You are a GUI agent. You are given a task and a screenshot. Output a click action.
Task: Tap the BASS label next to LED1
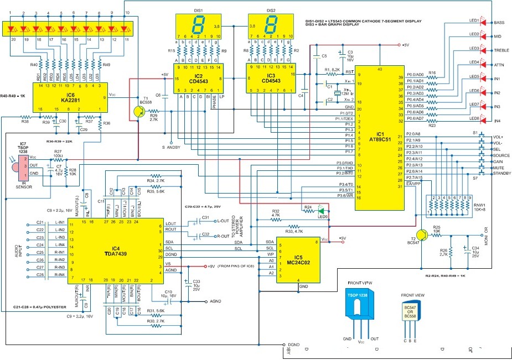click(499, 22)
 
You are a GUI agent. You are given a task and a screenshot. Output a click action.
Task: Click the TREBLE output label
click(501, 50)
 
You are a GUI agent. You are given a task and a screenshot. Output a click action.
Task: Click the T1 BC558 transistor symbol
click(140, 112)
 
